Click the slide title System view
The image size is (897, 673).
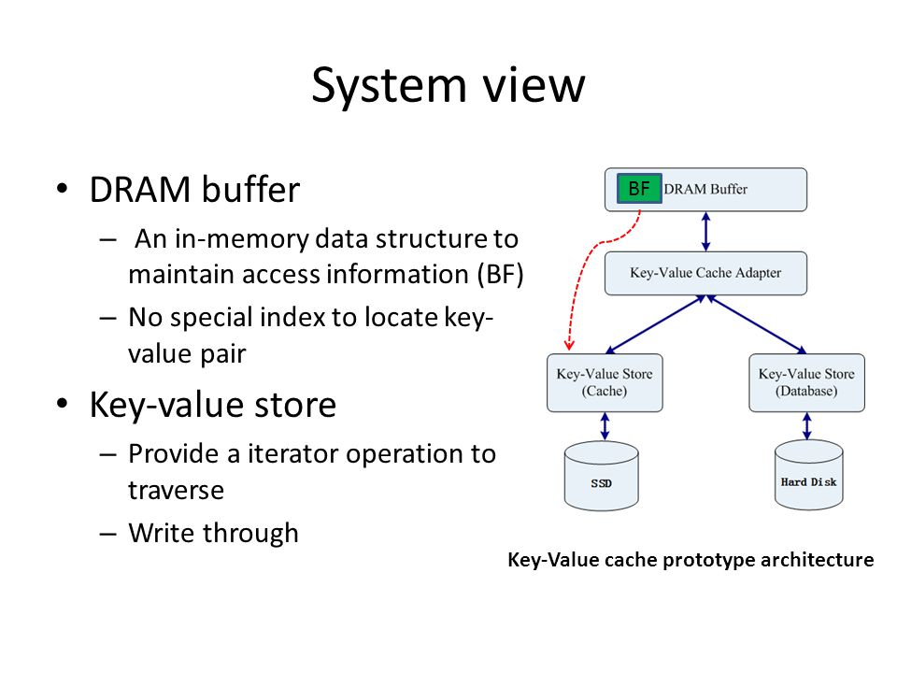coord(448,85)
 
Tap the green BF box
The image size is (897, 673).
coord(639,188)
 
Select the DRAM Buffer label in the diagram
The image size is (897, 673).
coord(705,189)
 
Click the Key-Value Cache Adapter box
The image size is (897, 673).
coord(706,273)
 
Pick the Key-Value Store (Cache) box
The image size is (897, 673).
coord(605,382)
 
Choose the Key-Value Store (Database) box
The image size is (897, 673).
coord(806,382)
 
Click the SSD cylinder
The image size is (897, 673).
coord(601,475)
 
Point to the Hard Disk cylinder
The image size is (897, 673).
coord(808,475)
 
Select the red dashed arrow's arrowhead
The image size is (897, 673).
coord(569,344)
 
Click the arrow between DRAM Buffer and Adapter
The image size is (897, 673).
coord(706,231)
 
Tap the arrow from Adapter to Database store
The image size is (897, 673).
coord(756,324)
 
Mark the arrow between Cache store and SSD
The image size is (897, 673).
coord(605,426)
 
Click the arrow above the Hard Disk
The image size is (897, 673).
coord(806,426)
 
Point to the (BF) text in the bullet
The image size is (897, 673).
coord(501,274)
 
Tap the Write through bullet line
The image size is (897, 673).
coord(213,533)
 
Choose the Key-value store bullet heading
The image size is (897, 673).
coord(213,405)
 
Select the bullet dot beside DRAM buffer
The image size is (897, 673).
coord(62,188)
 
